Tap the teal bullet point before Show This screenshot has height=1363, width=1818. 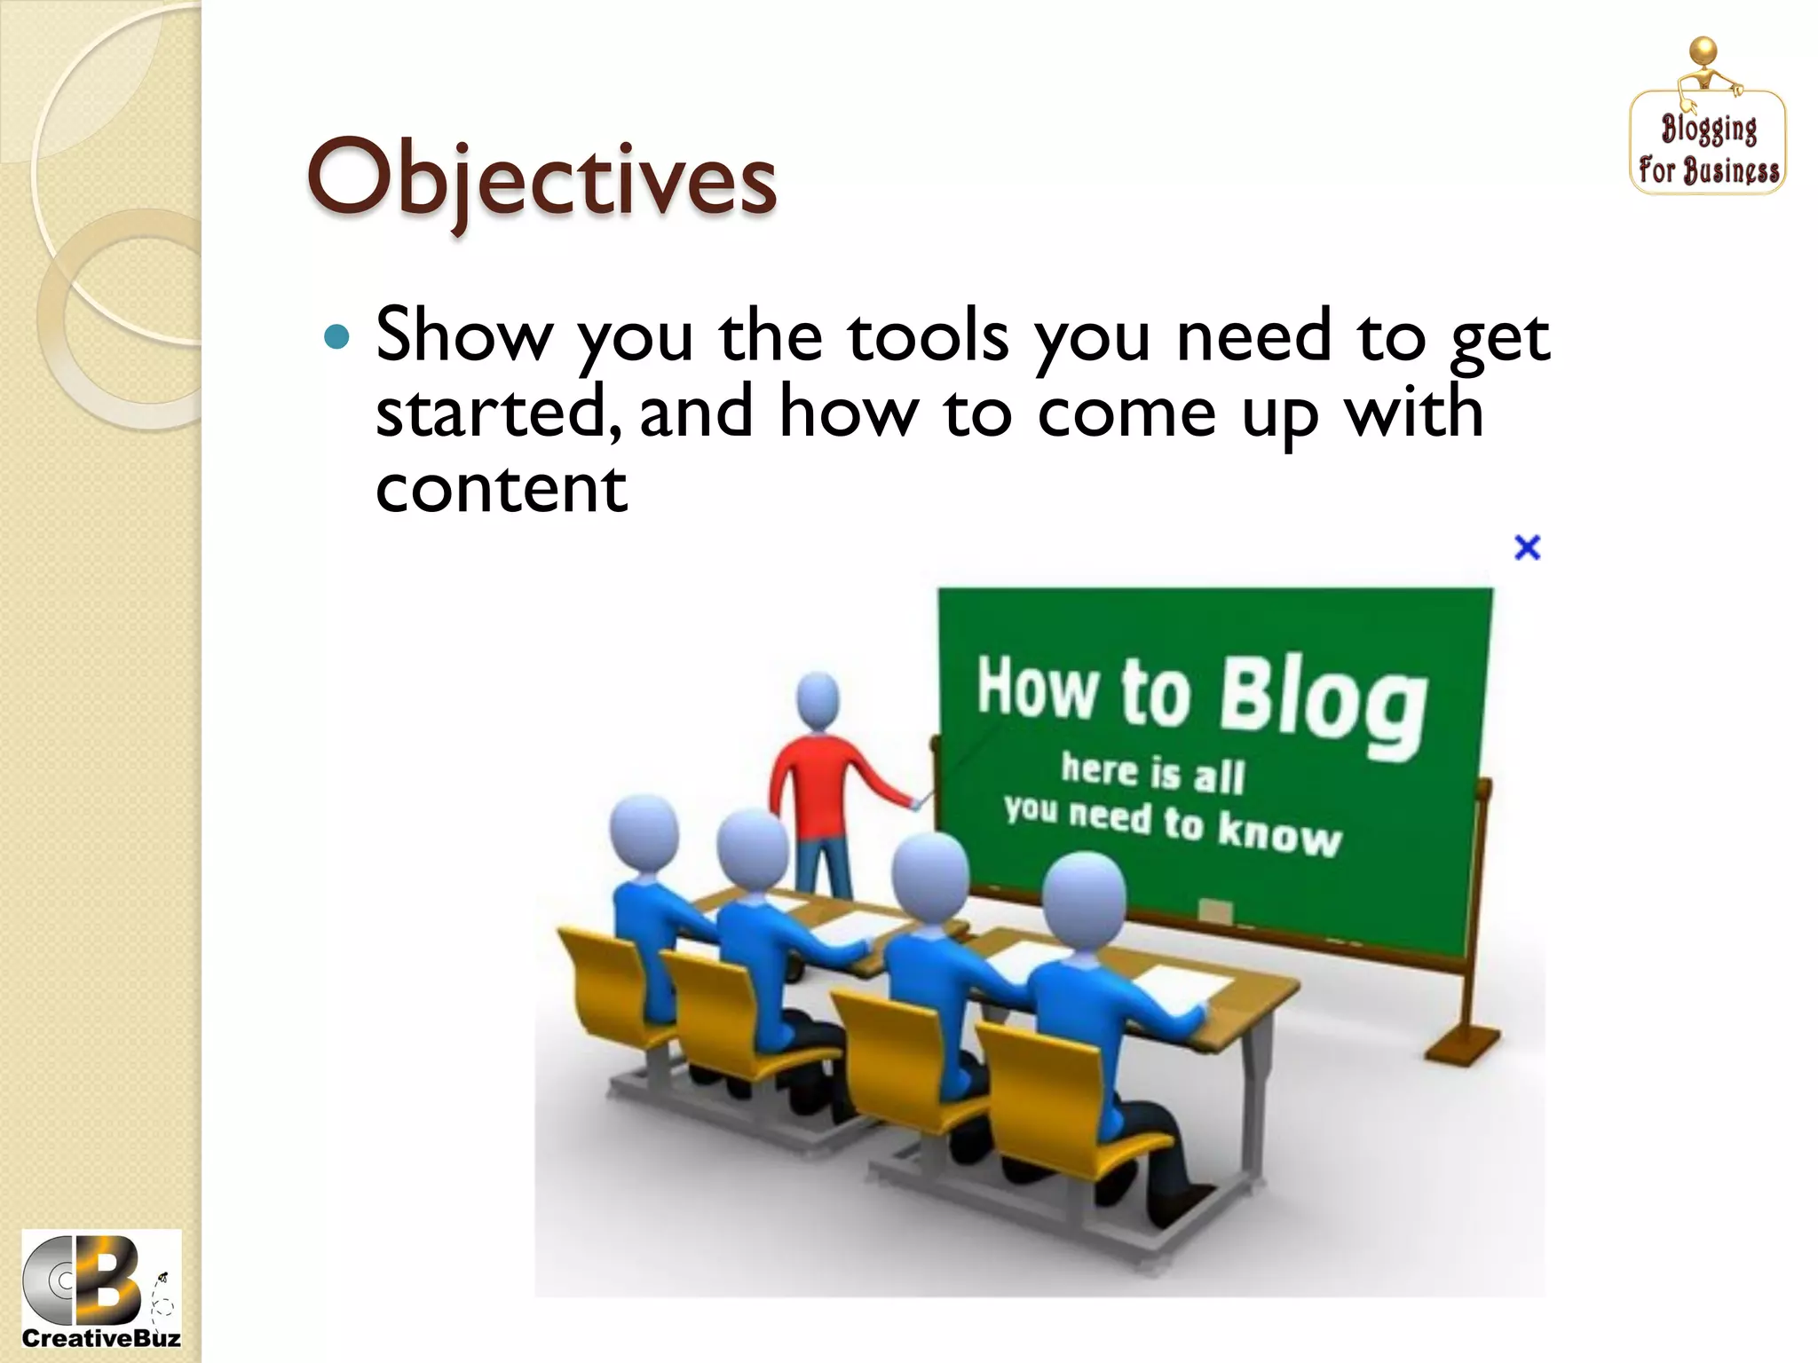(x=337, y=337)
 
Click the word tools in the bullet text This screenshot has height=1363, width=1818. (x=929, y=337)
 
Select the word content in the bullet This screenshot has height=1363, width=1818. (x=502, y=490)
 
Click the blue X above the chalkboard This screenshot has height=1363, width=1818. (x=1527, y=548)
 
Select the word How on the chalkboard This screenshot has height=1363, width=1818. (x=1037, y=688)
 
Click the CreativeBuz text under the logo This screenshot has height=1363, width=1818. (x=100, y=1338)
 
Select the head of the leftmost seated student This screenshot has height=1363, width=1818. (x=644, y=834)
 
